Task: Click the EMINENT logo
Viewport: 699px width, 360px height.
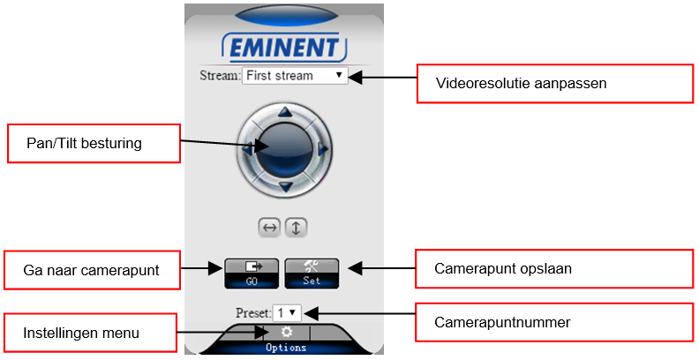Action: [x=284, y=48]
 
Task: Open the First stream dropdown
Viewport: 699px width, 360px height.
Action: [x=295, y=75]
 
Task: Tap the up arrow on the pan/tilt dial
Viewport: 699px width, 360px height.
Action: [x=285, y=112]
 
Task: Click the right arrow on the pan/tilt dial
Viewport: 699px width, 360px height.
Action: [x=324, y=149]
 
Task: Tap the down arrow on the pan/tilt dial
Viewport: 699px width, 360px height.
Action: [x=285, y=187]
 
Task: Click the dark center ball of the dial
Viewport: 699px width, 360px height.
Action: [x=284, y=149]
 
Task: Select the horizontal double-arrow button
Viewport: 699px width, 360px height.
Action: [x=269, y=229]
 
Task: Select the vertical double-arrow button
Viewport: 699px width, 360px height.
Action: [x=296, y=229]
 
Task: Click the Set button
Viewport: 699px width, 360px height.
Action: [x=312, y=274]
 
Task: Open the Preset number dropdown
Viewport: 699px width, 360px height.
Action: [x=287, y=312]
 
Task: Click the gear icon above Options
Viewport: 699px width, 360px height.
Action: [x=287, y=332]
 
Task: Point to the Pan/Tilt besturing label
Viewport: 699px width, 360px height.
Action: [x=84, y=144]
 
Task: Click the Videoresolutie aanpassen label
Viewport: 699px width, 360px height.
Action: [x=521, y=83]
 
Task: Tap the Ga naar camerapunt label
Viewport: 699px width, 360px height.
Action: [x=91, y=271]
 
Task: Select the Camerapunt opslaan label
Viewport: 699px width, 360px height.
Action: [x=503, y=268]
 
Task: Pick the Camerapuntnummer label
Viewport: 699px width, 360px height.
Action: [x=502, y=322]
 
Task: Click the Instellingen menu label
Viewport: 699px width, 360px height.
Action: [x=81, y=333]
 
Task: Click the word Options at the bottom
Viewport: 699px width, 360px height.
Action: [x=286, y=348]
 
